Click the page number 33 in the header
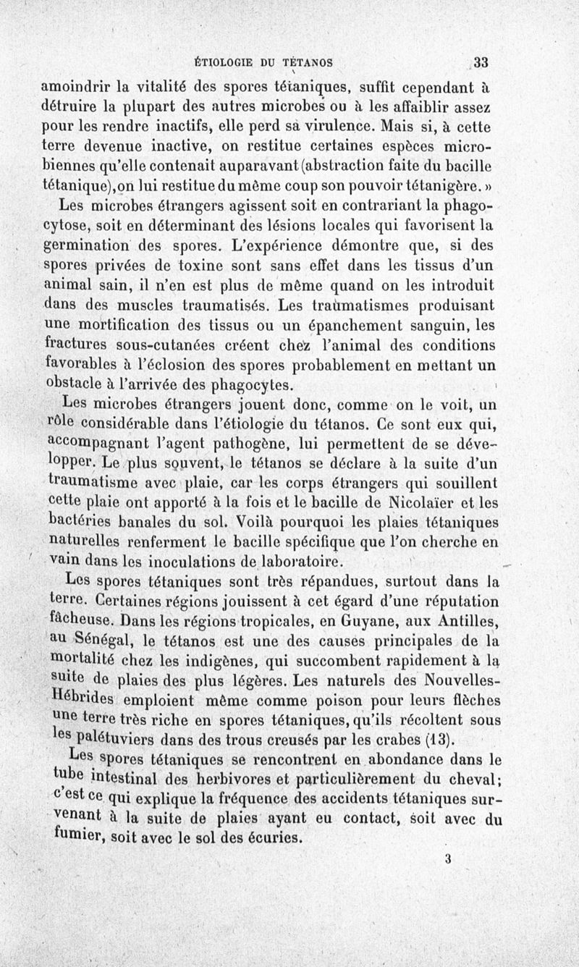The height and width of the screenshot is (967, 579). point(480,62)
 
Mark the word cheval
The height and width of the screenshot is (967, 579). point(475,780)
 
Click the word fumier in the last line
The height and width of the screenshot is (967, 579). point(79,838)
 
